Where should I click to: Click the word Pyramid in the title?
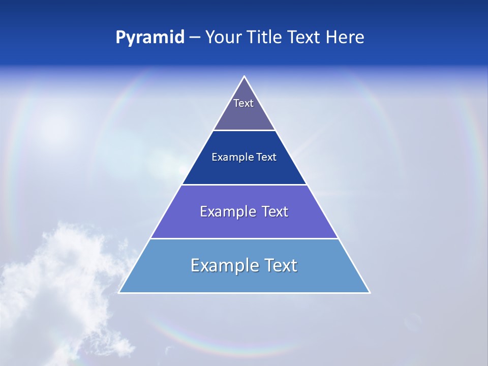coord(150,38)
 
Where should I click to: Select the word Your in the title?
coord(223,38)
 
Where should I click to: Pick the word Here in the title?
coord(345,38)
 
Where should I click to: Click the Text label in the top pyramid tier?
coord(243,103)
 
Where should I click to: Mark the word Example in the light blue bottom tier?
coord(224,265)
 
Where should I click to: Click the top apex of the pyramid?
coord(244,77)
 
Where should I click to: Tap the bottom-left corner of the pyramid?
coord(119,292)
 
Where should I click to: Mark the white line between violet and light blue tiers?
coord(244,238)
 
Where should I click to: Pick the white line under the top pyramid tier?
coord(244,130)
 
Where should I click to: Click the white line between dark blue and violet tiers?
coord(244,185)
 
